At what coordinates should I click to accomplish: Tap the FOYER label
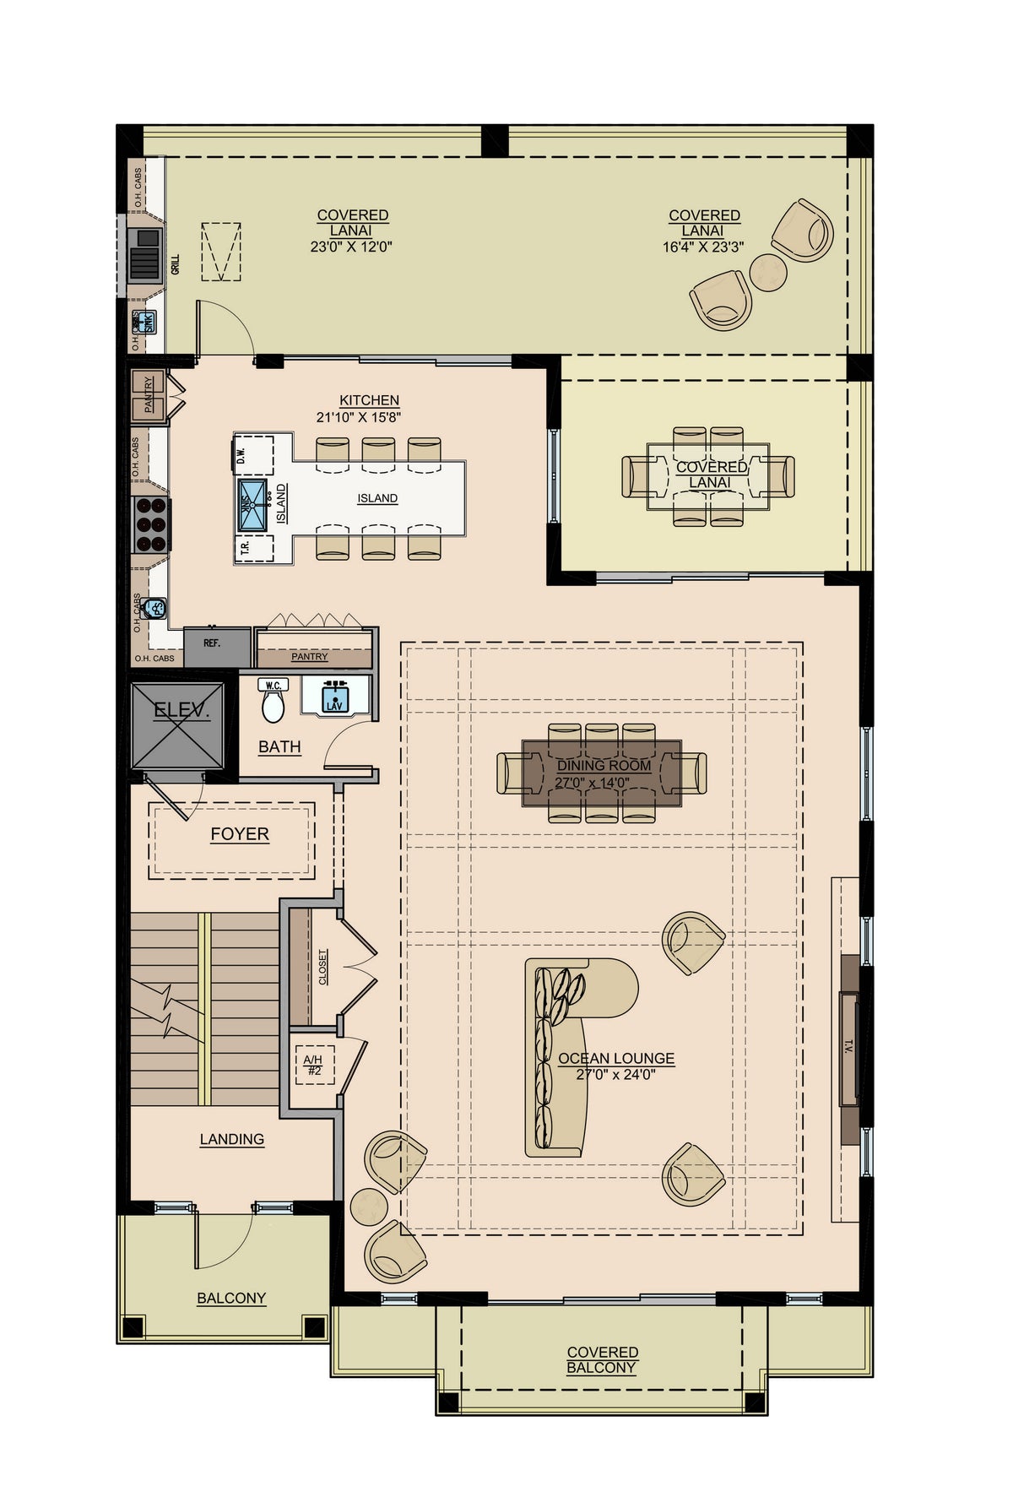(x=240, y=834)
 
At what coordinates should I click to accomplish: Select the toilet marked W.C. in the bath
(x=273, y=706)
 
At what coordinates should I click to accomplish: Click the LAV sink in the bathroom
(x=335, y=698)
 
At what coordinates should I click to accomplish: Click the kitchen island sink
(x=252, y=505)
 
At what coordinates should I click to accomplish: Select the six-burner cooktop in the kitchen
(x=152, y=524)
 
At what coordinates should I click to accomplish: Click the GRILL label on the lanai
(x=176, y=265)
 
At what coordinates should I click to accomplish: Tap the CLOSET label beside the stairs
(x=323, y=968)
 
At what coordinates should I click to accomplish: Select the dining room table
(x=601, y=773)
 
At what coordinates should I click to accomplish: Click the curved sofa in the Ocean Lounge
(x=561, y=1055)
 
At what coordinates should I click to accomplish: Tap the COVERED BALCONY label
(x=602, y=1359)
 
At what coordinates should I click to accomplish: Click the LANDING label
(x=232, y=1140)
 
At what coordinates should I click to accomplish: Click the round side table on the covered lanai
(x=768, y=272)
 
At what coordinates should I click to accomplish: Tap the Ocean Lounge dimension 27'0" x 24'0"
(x=615, y=1075)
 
